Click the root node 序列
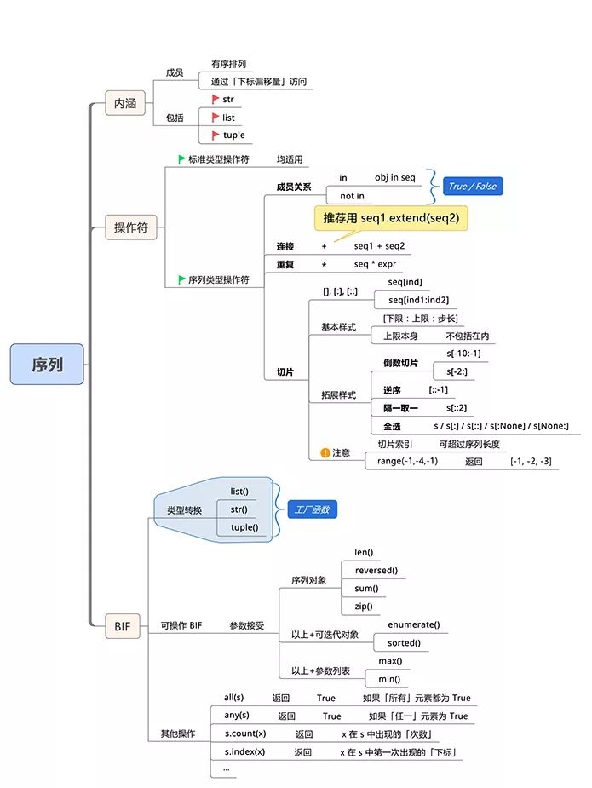(47, 365)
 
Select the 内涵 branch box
(124, 103)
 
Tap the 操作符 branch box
(130, 227)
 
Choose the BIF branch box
(122, 626)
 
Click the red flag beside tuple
(216, 135)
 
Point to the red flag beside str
(216, 100)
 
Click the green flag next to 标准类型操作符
(181, 159)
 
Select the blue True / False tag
(473, 187)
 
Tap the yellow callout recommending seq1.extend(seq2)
(391, 218)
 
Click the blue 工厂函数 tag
(312, 509)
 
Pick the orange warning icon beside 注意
(325, 453)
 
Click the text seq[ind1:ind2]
(418, 300)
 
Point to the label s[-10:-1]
(463, 354)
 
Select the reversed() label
(376, 571)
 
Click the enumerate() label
(414, 624)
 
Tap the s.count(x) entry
(245, 733)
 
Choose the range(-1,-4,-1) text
(407, 461)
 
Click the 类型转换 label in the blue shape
(185, 510)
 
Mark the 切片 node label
(285, 372)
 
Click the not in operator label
(353, 196)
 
